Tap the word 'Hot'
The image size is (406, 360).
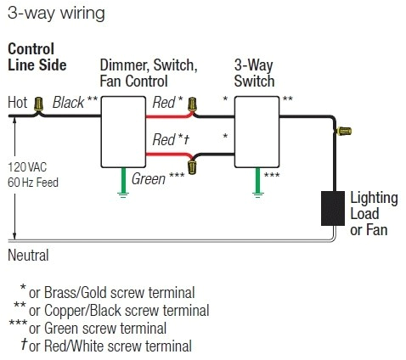18,103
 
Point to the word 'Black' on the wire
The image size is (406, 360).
68,103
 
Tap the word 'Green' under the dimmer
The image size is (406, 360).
148,179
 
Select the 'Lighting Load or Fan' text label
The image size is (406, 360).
372,211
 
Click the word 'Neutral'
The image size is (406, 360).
28,255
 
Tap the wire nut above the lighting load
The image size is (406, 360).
344,132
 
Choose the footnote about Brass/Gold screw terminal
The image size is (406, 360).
117,293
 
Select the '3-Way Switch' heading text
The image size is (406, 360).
255,73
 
